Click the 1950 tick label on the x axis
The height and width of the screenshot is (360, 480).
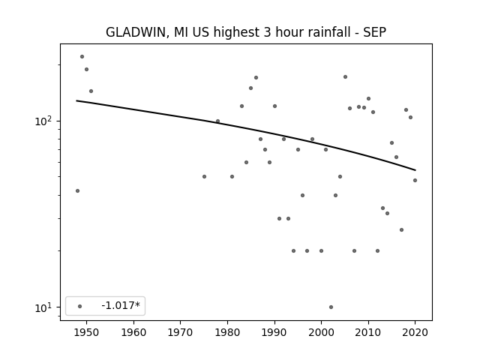86,332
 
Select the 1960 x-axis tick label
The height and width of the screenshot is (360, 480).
133,332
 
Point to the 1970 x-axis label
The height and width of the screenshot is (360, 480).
180,332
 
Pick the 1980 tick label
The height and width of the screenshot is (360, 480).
227,332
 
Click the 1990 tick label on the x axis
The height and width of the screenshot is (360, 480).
274,332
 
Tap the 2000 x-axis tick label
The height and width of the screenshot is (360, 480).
321,332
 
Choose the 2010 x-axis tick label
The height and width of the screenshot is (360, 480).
368,332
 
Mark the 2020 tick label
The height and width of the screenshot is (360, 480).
415,332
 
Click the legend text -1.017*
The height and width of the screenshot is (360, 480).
121,305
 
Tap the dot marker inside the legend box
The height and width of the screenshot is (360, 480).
80,306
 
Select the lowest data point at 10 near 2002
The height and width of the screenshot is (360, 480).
331,307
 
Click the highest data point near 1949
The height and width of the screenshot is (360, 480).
82,57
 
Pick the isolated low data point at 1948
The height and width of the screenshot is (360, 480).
77,190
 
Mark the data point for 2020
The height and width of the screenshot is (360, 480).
415,180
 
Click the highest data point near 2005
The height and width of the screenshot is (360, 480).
345,76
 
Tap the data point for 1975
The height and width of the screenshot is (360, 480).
204,177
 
